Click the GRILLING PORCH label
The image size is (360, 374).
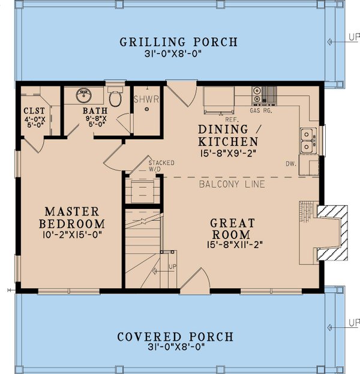click(179, 42)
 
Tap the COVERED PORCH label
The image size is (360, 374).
click(175, 337)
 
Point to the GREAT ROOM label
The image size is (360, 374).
click(233, 229)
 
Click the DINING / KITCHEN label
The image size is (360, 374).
click(228, 136)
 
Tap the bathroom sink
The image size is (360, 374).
click(83, 96)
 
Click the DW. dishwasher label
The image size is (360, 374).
click(291, 163)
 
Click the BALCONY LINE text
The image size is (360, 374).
click(232, 184)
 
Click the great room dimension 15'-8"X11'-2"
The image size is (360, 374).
click(233, 245)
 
